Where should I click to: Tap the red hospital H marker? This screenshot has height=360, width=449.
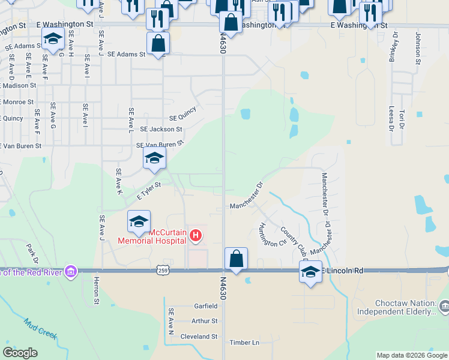click(195, 236)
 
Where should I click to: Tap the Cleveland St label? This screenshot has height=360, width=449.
click(199, 337)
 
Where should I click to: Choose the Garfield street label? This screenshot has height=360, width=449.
click(205, 305)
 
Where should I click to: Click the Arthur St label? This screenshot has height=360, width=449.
click(204, 321)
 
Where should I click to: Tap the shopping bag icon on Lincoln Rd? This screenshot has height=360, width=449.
click(237, 259)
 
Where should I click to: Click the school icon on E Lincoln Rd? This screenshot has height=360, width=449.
click(310, 272)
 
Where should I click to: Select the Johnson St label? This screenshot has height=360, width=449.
click(418, 48)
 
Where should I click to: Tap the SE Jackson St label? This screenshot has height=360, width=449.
click(161, 129)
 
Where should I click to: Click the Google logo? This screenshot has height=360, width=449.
click(20, 353)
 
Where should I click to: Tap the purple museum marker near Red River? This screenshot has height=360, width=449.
click(71, 271)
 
